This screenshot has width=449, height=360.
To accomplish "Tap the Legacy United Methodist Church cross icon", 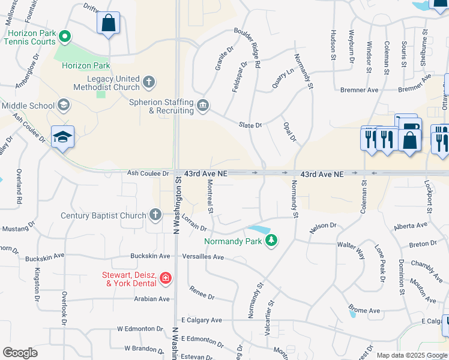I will click(x=149, y=80).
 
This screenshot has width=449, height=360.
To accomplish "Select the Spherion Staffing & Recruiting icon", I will click(x=203, y=106).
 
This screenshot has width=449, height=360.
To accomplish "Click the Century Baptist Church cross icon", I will click(x=155, y=215).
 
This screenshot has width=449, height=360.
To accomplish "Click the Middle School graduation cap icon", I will click(x=63, y=106).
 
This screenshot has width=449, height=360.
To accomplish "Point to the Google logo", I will click(x=20, y=353).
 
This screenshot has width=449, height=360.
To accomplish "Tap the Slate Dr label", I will click(x=250, y=125).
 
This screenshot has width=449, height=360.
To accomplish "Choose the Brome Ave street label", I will click(x=366, y=311).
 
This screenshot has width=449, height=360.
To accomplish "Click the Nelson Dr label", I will click(x=323, y=227).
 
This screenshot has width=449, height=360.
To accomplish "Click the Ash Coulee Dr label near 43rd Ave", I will click(x=148, y=173).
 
